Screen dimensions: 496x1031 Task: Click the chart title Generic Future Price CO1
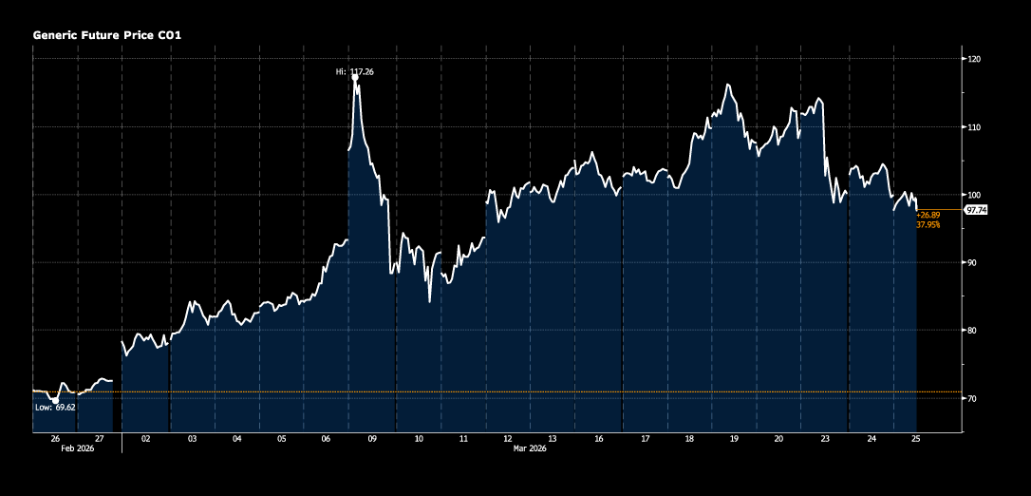click(x=106, y=35)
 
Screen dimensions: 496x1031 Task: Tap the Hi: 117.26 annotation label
click(x=355, y=71)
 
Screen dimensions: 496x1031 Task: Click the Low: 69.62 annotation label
click(x=55, y=407)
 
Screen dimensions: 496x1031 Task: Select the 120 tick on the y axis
click(x=974, y=59)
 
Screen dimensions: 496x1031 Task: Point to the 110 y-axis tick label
click(x=974, y=127)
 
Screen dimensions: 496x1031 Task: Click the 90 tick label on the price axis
click(x=972, y=263)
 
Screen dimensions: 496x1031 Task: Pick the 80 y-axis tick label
click(x=972, y=331)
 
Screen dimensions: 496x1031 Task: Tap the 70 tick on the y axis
click(x=972, y=399)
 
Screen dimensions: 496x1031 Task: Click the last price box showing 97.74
click(x=976, y=209)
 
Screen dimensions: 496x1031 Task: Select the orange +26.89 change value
click(x=928, y=216)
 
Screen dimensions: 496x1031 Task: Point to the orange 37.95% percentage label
click(x=928, y=225)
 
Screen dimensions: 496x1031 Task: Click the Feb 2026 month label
click(x=78, y=448)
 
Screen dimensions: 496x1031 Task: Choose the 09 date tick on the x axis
click(x=372, y=439)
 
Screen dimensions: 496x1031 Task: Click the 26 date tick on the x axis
click(x=55, y=439)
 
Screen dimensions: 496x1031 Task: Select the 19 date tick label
click(x=734, y=439)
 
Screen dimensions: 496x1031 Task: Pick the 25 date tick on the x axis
click(x=915, y=439)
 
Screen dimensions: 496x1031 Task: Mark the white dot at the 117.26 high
click(x=355, y=78)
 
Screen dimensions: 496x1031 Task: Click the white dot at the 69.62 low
click(x=55, y=399)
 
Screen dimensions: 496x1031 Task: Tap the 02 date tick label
click(x=145, y=439)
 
